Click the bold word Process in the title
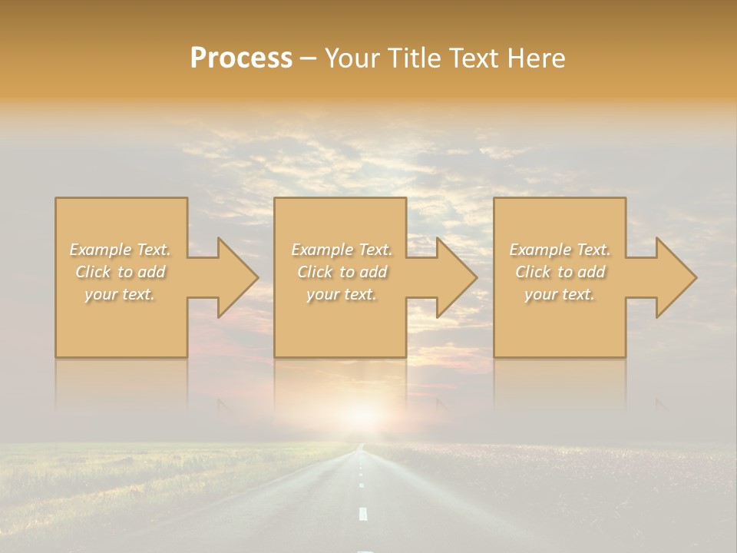pyautogui.click(x=241, y=58)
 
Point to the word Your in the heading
pyautogui.click(x=350, y=58)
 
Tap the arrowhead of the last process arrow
pyautogui.click(x=675, y=277)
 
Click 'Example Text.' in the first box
pyautogui.click(x=121, y=250)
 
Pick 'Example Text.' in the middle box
pyautogui.click(x=342, y=250)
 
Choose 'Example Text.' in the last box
pyautogui.click(x=560, y=250)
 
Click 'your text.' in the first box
pyautogui.click(x=120, y=294)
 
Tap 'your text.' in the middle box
pyautogui.click(x=341, y=294)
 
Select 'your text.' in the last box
pyautogui.click(x=560, y=294)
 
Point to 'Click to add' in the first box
pyautogui.click(x=121, y=272)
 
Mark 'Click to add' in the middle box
pyautogui.click(x=342, y=272)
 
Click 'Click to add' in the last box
pyautogui.click(x=560, y=272)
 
